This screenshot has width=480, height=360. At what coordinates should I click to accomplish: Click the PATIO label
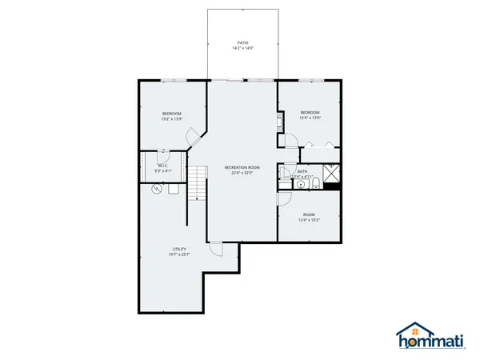click(x=242, y=43)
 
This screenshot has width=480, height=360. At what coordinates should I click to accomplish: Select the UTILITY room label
click(x=178, y=250)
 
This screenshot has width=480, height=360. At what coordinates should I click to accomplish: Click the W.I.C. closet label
click(x=162, y=166)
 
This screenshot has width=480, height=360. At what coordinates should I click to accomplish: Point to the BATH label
click(x=302, y=170)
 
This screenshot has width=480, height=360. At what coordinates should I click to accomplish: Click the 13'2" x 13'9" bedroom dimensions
click(x=172, y=119)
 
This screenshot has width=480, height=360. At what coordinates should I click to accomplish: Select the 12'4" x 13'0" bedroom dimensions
click(x=310, y=118)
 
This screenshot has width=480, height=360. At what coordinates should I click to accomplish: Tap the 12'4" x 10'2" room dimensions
click(x=309, y=220)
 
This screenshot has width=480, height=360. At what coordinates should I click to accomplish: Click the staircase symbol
click(x=198, y=183)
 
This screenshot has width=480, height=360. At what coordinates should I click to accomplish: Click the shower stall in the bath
click(x=331, y=173)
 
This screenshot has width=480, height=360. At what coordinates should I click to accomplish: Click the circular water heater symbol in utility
click(x=157, y=190)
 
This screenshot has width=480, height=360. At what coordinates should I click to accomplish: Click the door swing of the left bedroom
click(x=192, y=137)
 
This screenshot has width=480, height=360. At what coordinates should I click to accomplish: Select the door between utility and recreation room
click(x=216, y=249)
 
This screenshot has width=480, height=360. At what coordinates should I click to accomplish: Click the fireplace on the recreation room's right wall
click(x=279, y=123)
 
